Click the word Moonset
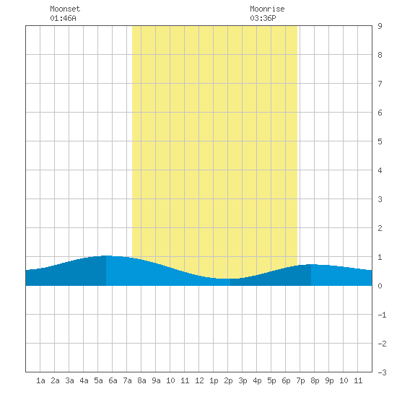coord(65,9)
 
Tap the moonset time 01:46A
coord(63,18)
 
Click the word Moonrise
coord(267,9)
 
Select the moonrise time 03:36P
coord(263,18)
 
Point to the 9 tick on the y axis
coord(380,26)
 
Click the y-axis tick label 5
coord(380,141)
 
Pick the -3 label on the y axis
coord(382,372)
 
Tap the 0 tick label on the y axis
coord(380,286)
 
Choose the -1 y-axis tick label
coord(382,315)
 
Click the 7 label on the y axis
coord(380,84)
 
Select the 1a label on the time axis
coord(40,380)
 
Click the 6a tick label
coord(113,380)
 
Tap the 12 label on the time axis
coord(199,380)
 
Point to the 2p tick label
coord(228,380)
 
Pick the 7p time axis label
coord(300,380)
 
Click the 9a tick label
coord(156,380)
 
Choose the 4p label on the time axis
coord(257,380)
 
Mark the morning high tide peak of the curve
coord(106,256)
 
